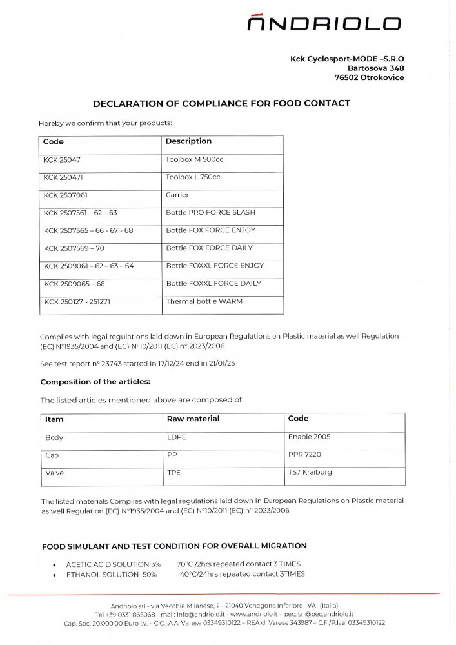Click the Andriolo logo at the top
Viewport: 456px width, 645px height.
tap(324, 24)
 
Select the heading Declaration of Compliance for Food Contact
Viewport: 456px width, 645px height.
tap(221, 103)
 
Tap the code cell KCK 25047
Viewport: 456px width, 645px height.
tap(62, 159)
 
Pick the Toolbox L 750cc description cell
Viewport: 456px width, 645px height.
tap(193, 177)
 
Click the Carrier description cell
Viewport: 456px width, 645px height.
tap(177, 195)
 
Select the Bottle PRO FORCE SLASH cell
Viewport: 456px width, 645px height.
tap(210, 212)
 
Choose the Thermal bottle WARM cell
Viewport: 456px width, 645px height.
tap(204, 301)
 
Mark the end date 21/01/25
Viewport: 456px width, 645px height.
tap(221, 364)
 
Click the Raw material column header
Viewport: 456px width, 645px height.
tap(193, 419)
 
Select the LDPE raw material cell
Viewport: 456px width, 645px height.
tap(176, 437)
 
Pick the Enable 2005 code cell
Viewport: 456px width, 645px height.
tap(309, 437)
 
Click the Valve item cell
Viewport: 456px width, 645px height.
tap(54, 473)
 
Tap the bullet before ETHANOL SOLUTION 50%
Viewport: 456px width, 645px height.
tap(54, 575)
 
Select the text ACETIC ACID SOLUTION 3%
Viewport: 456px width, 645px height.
tap(113, 564)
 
